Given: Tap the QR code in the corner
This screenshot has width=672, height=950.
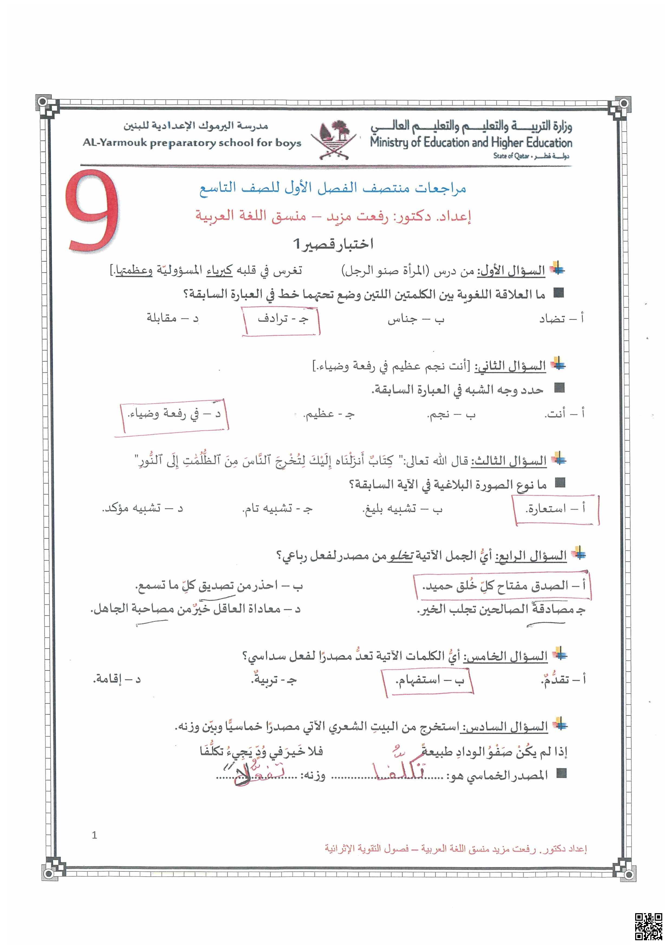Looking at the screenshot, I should pyautogui.click(x=648, y=926).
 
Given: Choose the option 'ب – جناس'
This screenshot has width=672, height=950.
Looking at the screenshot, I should pyautogui.click(x=415, y=320).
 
